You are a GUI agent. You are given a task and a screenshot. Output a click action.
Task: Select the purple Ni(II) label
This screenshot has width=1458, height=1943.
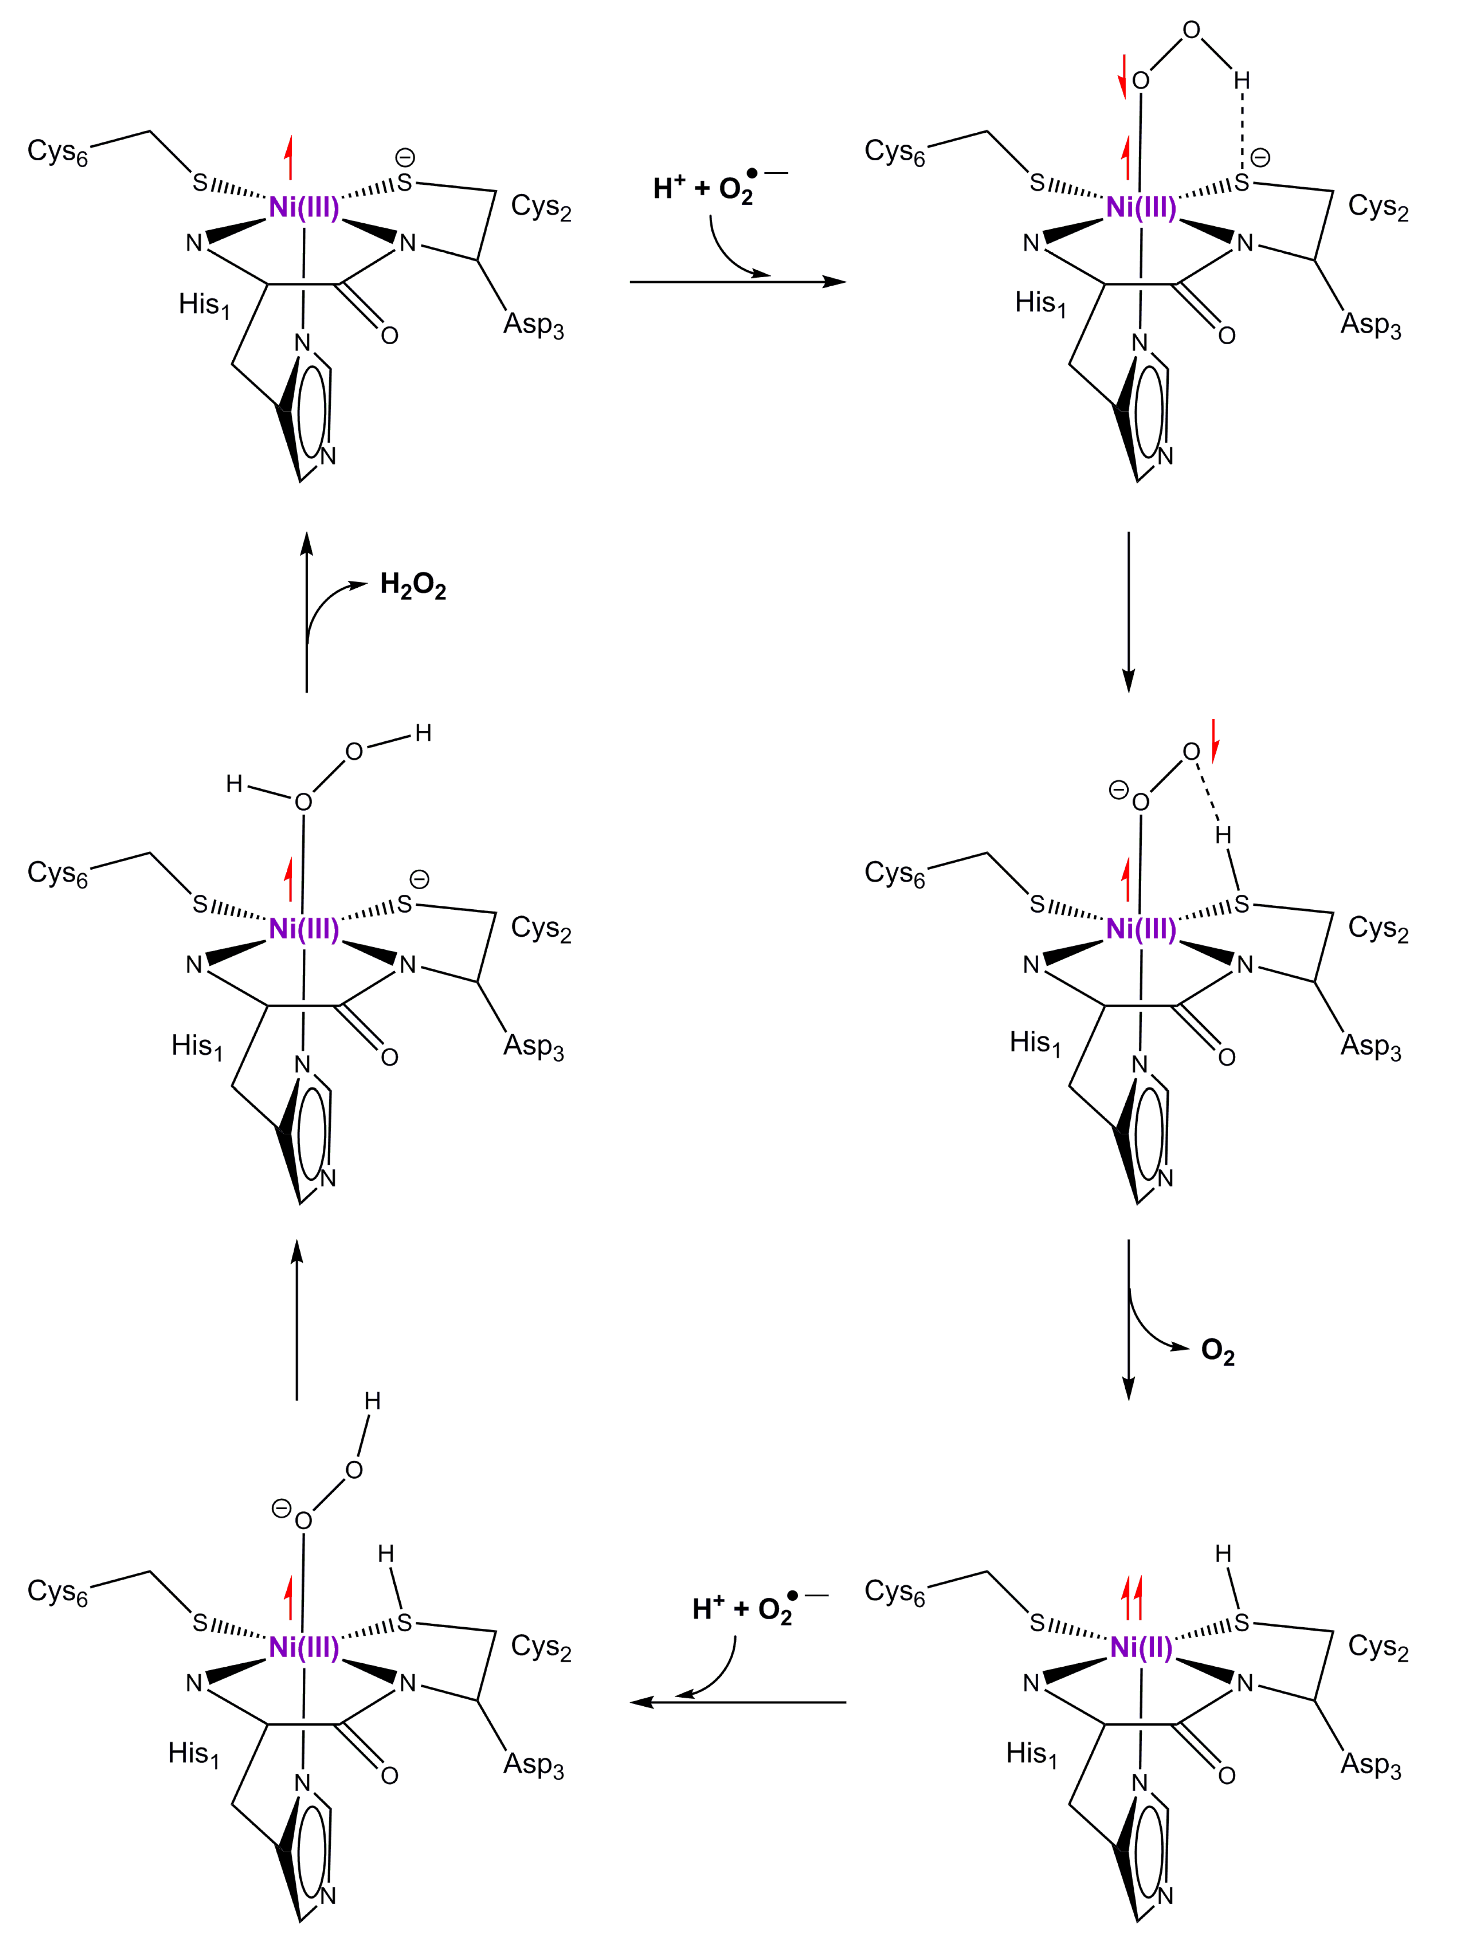[x=1141, y=1648]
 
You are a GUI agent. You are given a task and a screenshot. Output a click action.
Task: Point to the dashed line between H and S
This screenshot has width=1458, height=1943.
[x=1241, y=130]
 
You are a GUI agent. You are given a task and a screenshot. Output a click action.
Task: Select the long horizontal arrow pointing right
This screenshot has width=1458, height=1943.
[x=738, y=282]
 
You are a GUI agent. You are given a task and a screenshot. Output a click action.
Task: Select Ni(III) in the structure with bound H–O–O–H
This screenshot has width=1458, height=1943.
[x=304, y=928]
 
